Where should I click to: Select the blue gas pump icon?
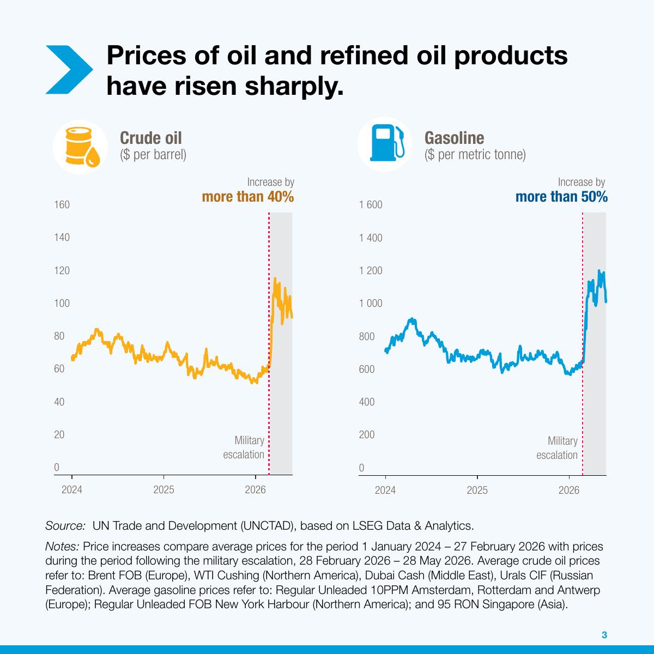387,143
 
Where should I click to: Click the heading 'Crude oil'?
150,138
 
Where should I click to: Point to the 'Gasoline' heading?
454,138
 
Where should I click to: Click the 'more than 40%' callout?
248,197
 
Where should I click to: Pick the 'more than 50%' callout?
561,197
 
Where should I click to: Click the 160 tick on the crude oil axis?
62,205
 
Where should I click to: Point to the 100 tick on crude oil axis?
62,303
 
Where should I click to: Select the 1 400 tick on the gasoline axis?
371,238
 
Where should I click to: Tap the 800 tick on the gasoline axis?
367,336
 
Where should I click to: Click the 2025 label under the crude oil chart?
163,490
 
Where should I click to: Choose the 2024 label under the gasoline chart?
385,490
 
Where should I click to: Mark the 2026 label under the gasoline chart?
569,490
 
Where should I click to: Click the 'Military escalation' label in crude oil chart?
244,447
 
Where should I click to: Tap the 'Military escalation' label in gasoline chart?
557,447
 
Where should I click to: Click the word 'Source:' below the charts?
65,526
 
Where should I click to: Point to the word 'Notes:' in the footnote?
63,547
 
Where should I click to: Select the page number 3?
604,635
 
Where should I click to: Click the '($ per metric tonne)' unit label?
475,155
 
